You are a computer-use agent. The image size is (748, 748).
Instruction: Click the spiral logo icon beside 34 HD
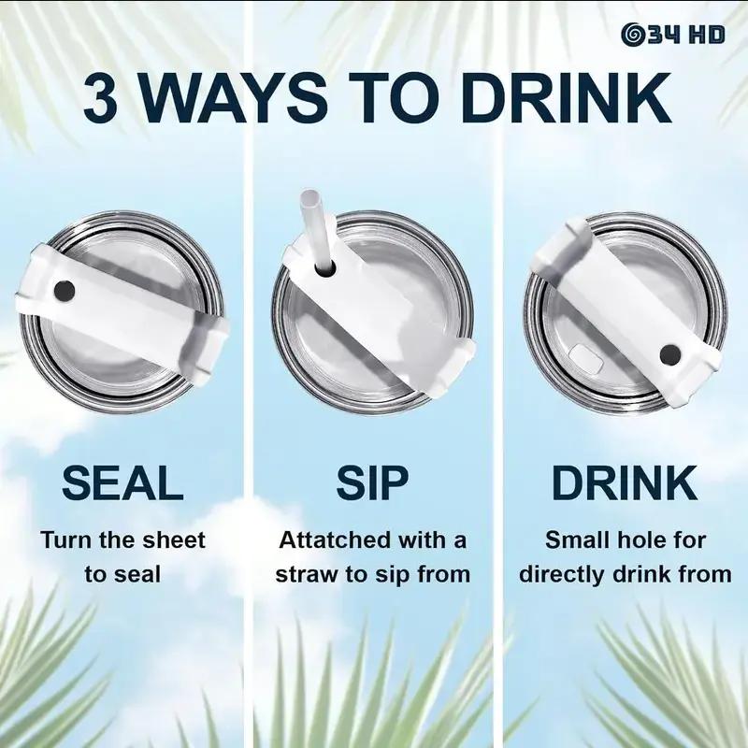pyautogui.click(x=633, y=35)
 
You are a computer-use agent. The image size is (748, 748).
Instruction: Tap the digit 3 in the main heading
pyautogui.click(x=101, y=99)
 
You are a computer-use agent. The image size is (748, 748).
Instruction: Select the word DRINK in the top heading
pyautogui.click(x=566, y=99)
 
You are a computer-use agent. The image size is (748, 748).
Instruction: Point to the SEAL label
pyautogui.click(x=122, y=482)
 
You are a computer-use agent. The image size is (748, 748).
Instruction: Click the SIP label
pyautogui.click(x=372, y=482)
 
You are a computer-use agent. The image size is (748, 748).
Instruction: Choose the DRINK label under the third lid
pyautogui.click(x=625, y=482)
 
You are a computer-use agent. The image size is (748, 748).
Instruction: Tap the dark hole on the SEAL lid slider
pyautogui.click(x=65, y=291)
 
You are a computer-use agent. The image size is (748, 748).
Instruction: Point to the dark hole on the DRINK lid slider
pyautogui.click(x=670, y=355)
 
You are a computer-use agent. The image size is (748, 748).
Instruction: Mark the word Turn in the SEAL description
pyautogui.click(x=65, y=540)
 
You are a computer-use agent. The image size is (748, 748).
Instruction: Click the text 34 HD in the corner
pyautogui.click(x=686, y=35)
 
